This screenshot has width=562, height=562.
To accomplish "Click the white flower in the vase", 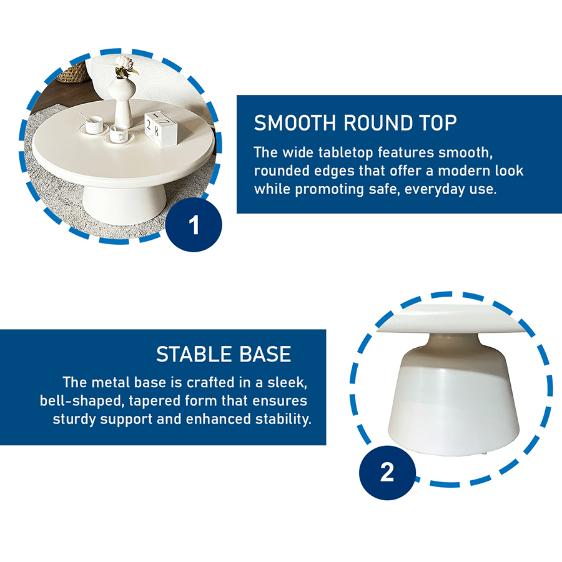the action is pos(124,62).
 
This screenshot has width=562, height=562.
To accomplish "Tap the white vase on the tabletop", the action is pos(122,101).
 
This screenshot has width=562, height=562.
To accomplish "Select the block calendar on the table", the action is pos(160,129).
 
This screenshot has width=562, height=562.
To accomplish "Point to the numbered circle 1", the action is pos(194,225).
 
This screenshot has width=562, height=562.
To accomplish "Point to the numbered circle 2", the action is pos(387,473).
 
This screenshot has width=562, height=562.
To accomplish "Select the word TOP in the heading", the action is pos(438,123).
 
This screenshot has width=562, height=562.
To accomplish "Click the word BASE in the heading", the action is pos(265,354).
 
